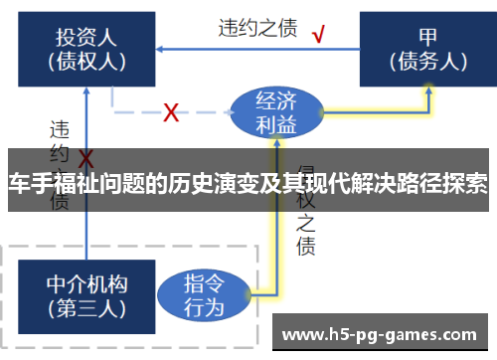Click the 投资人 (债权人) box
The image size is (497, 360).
(x=86, y=49)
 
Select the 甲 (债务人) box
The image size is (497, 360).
(x=427, y=49)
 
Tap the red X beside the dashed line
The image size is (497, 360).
(x=171, y=112)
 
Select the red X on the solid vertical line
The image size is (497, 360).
(x=86, y=159)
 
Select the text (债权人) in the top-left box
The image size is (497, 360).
(x=86, y=61)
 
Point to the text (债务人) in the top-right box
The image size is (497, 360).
(x=427, y=61)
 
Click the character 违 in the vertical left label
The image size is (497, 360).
(x=60, y=128)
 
